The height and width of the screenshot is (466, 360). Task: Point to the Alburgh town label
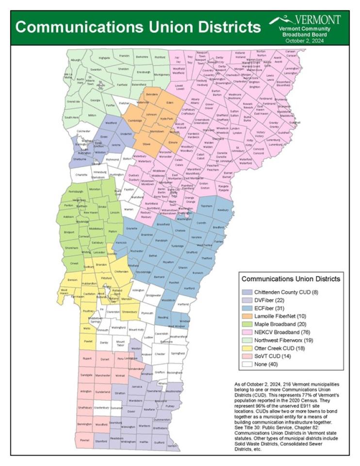click(x=75, y=60)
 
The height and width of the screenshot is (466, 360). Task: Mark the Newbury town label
click(x=223, y=210)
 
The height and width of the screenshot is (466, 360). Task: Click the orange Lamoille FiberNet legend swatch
click(x=248, y=316)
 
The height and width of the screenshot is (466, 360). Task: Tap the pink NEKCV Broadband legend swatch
click(x=248, y=333)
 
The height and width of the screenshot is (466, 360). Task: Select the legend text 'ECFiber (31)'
click(x=269, y=308)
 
